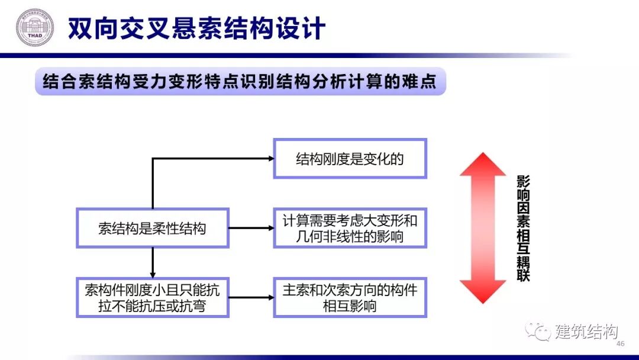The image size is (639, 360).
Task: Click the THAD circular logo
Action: (34, 28)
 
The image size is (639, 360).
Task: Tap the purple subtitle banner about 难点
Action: (240, 81)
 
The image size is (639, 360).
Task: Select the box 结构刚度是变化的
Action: (350, 158)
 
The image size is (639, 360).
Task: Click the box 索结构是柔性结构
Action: (152, 228)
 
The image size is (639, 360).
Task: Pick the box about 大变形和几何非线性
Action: (350, 228)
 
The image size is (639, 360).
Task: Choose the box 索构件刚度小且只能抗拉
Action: (152, 297)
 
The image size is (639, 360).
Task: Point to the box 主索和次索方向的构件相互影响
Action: (350, 297)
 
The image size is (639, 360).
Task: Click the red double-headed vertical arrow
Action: (483, 228)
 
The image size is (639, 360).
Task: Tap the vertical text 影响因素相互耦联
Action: (523, 228)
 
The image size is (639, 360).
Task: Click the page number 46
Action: (621, 344)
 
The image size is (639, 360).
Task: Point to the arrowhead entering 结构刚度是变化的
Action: (270, 158)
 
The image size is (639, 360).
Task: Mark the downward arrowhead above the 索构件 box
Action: (153, 273)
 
